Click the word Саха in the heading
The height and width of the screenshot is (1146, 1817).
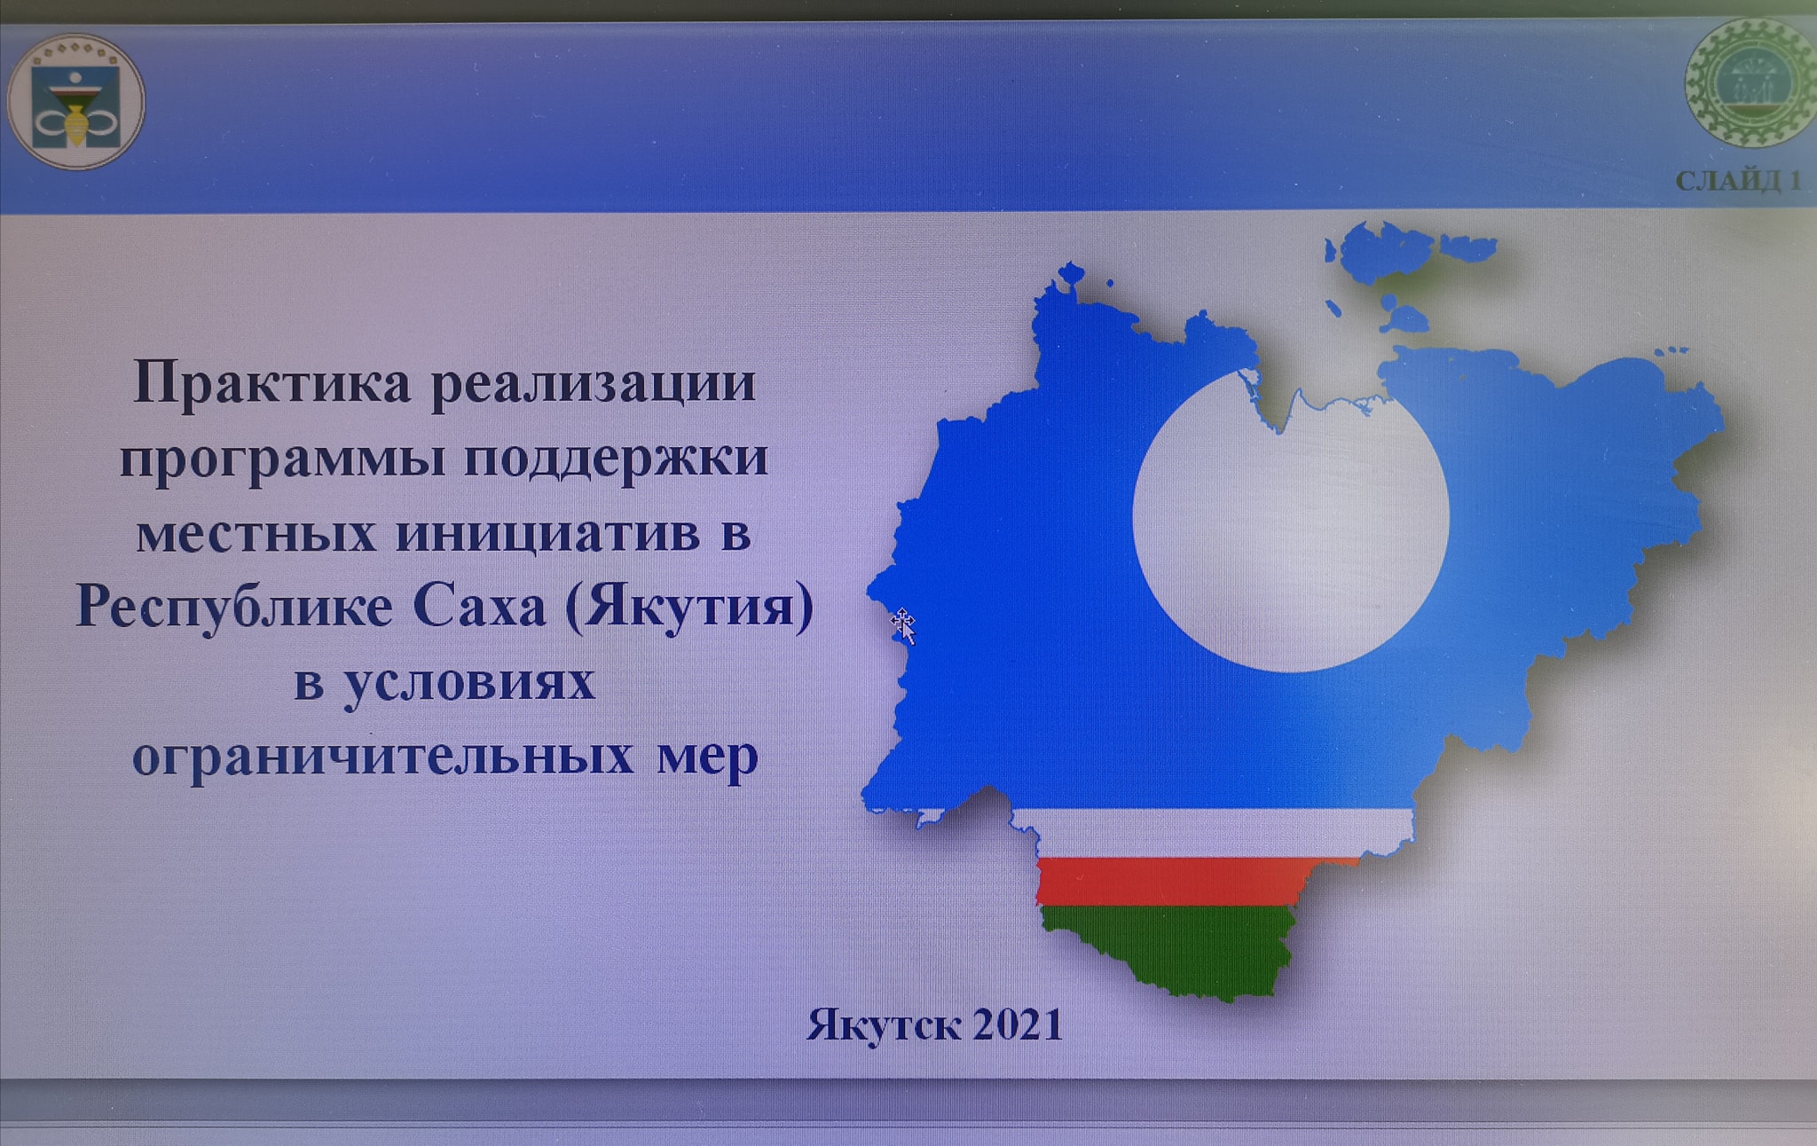click(479, 608)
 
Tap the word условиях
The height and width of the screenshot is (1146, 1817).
click(469, 683)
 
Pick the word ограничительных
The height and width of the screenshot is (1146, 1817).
click(383, 757)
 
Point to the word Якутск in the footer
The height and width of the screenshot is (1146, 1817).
click(884, 1026)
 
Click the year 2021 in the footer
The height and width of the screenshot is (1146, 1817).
click(1019, 1025)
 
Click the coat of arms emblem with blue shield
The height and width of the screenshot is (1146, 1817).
click(75, 102)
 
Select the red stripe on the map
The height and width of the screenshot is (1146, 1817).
click(1198, 881)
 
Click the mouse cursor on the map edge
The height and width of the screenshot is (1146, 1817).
click(903, 625)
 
